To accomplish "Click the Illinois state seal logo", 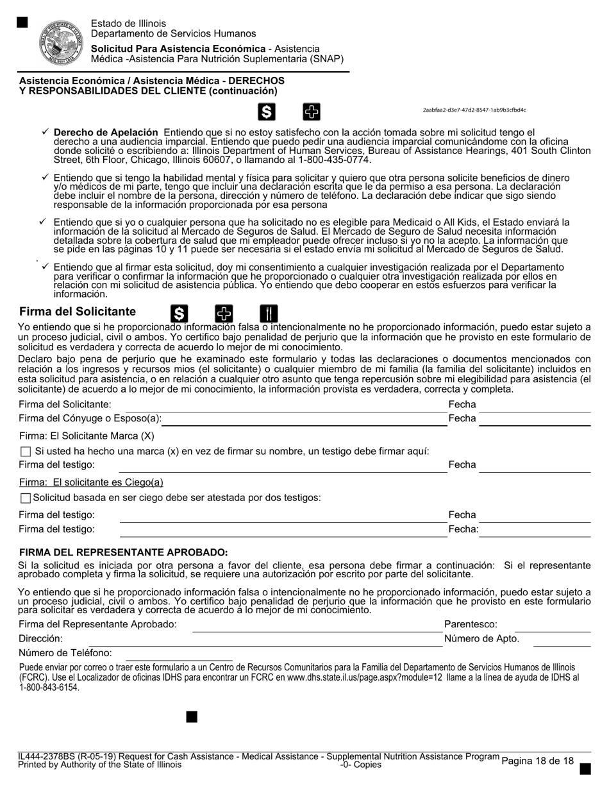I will [x=62, y=42].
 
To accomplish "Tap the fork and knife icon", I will [x=269, y=313].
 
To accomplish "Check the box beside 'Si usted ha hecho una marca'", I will [x=26, y=452].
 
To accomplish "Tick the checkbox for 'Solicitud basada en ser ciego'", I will [x=26, y=498].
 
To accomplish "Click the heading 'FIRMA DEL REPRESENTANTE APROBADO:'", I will [x=124, y=552].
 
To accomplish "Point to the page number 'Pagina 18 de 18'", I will [x=537, y=761].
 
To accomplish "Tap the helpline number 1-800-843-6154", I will [x=49, y=688].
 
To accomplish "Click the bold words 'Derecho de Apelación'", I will [x=106, y=131].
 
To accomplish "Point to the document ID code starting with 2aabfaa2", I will [x=474, y=110].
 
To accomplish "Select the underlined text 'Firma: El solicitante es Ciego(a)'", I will [x=91, y=482].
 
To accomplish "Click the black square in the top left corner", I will [x=22, y=22].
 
